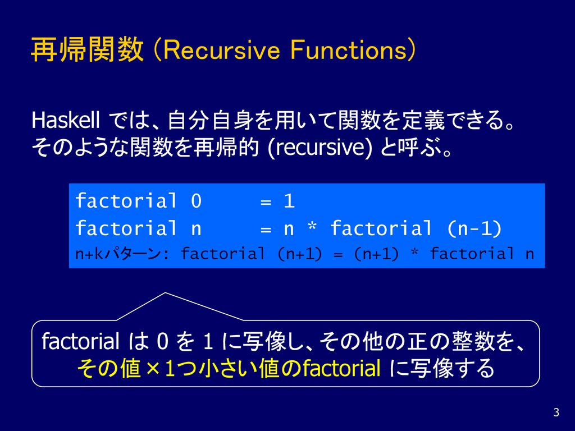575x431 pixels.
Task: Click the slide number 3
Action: point(556,412)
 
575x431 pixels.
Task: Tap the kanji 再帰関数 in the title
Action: point(87,50)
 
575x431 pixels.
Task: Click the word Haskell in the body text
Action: point(66,120)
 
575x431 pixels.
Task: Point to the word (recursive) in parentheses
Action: point(320,148)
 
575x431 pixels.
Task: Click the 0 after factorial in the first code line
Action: point(196,201)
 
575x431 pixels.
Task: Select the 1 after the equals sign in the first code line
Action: point(289,201)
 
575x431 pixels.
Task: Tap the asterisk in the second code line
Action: point(312,226)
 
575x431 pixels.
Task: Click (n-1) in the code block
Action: point(474,229)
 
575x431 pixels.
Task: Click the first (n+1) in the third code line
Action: point(300,254)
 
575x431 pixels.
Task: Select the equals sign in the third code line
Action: point(338,254)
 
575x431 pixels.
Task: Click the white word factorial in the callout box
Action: point(80,341)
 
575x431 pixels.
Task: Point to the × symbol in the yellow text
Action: point(153,369)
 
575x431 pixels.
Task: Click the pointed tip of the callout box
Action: point(165,293)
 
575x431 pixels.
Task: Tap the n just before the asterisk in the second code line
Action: point(289,230)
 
